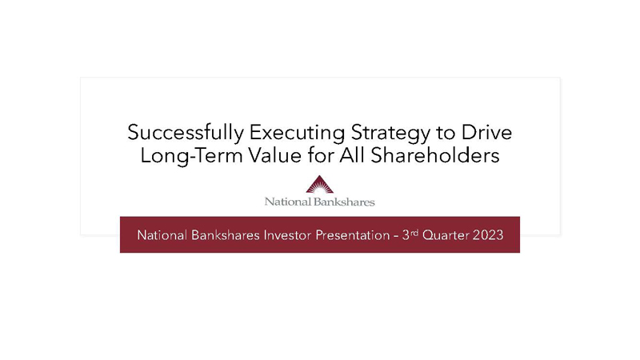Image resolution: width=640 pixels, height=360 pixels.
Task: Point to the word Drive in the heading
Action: coord(486,132)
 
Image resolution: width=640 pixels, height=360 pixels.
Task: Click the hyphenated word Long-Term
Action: coord(192,156)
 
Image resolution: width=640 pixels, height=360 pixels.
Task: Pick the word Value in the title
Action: coord(275,155)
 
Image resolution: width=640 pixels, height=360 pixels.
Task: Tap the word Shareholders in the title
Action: coord(434,155)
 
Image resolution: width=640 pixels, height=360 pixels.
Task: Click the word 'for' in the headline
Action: coord(321,155)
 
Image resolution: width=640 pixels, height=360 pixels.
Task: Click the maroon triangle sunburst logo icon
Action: coord(319,185)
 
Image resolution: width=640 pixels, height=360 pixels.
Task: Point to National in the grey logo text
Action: coord(288,202)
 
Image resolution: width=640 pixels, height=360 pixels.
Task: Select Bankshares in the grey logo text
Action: coord(344,202)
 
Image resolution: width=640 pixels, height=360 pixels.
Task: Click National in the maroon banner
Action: coord(162,235)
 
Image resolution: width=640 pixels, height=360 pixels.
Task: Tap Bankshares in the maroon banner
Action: coord(226,235)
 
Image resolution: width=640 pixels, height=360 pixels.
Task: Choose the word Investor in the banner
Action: coord(288,235)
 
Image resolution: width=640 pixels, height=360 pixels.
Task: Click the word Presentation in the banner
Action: coord(353,235)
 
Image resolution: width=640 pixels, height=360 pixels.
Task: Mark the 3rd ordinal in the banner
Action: coord(410,234)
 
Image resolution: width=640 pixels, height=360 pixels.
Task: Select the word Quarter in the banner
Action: coord(446,235)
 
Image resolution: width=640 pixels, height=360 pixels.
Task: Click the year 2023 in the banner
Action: coord(488,235)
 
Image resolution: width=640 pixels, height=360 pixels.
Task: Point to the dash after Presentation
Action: coord(396,236)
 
